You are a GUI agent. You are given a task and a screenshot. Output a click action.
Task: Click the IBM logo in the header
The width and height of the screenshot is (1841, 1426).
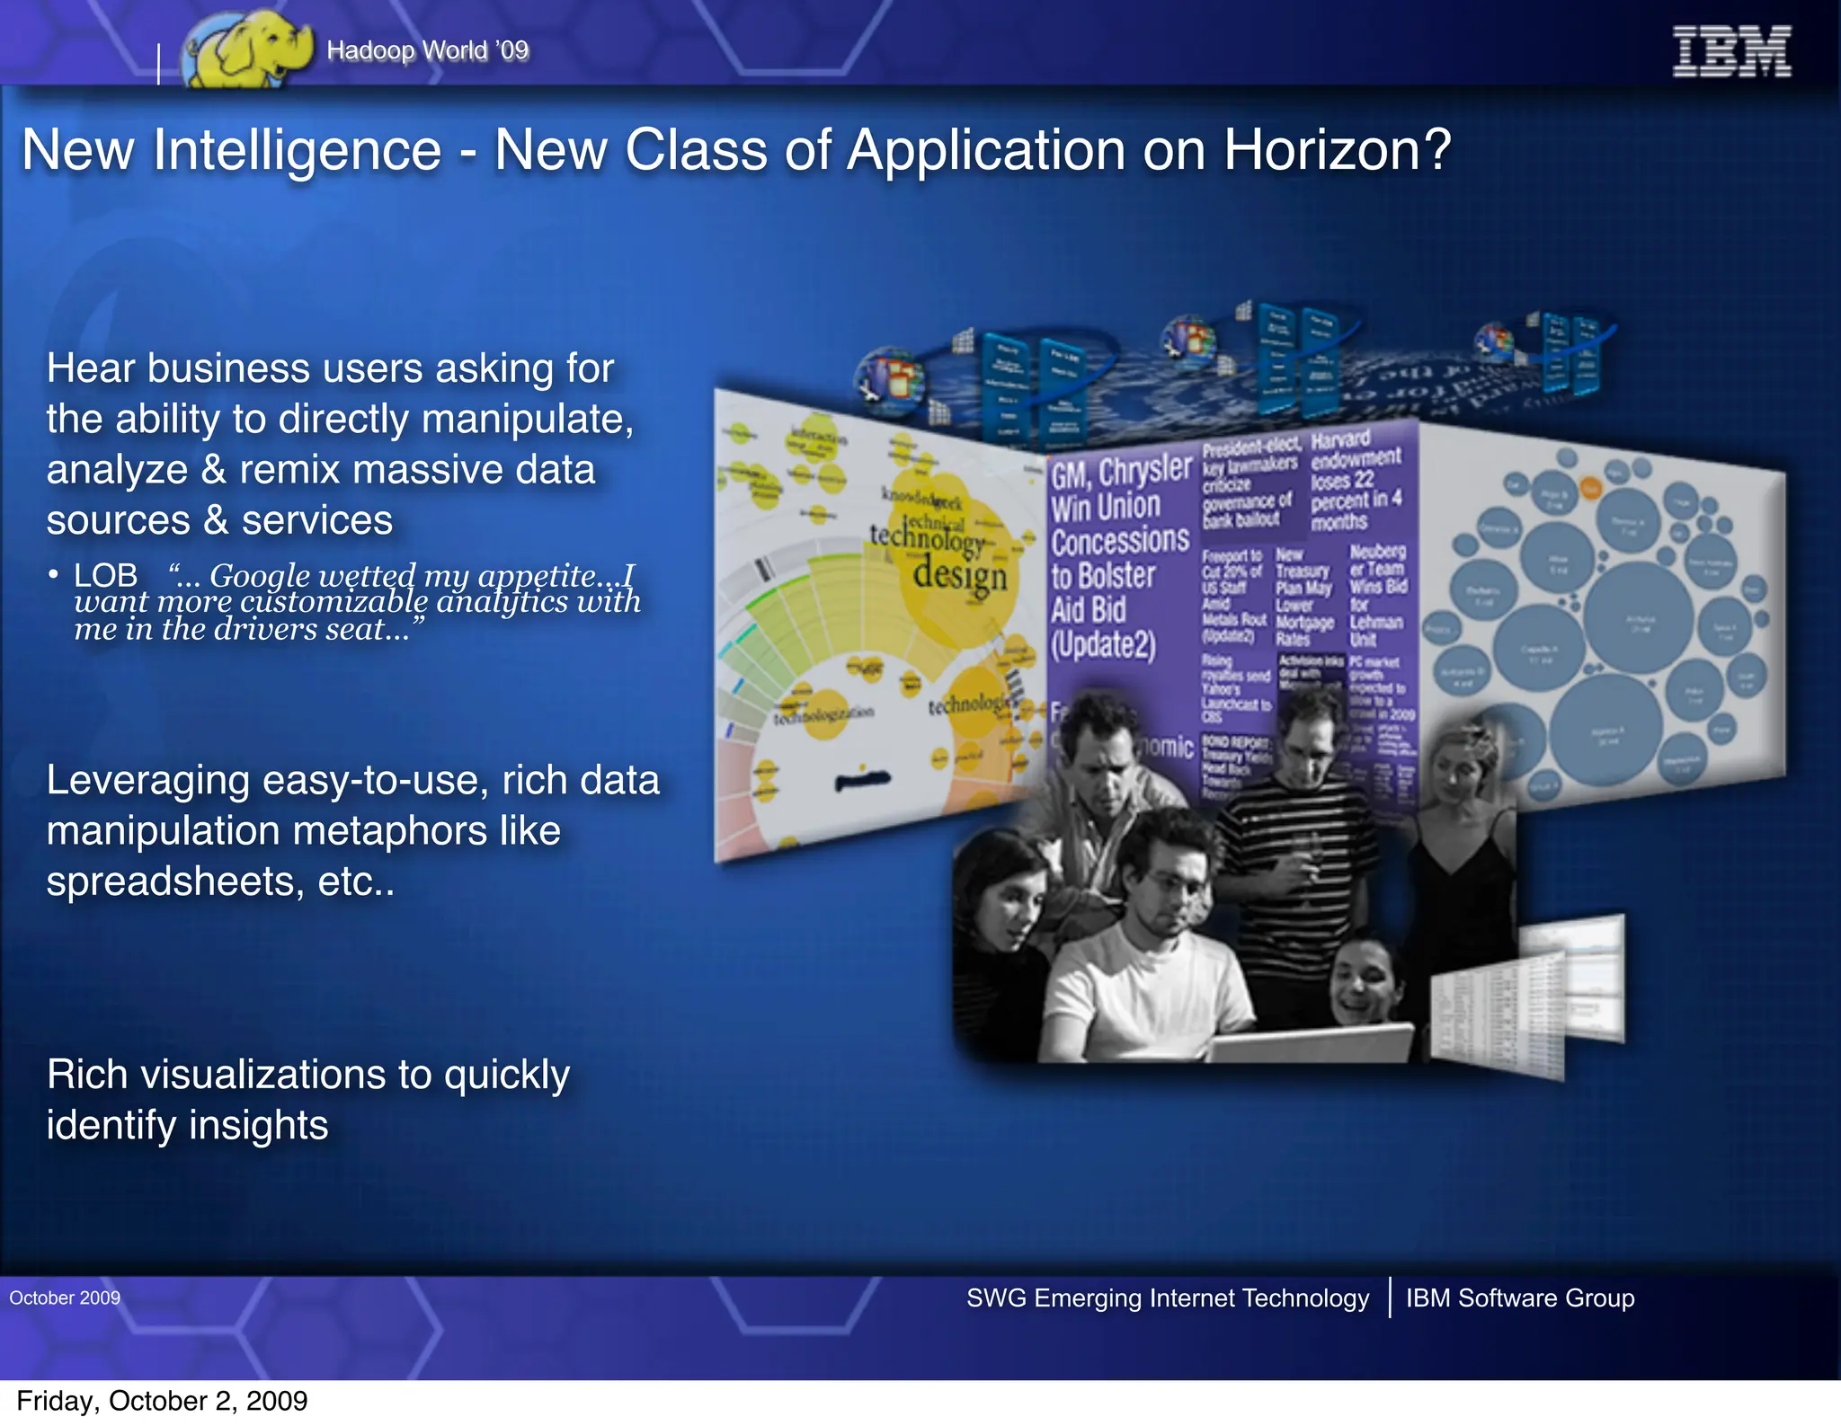click(x=1730, y=51)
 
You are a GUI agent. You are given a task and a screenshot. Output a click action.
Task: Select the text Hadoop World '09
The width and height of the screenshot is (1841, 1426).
click(x=427, y=50)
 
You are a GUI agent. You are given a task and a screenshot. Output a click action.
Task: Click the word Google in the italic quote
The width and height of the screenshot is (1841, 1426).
click(x=260, y=575)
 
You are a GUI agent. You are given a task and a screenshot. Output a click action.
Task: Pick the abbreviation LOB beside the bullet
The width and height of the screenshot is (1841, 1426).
click(x=105, y=575)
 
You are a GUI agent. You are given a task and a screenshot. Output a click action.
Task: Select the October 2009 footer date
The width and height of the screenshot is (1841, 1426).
click(x=65, y=1298)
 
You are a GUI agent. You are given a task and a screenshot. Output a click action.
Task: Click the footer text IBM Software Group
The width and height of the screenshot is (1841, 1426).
click(x=1519, y=1298)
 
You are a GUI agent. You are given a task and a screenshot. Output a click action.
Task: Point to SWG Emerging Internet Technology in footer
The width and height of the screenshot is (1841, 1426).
click(x=1167, y=1298)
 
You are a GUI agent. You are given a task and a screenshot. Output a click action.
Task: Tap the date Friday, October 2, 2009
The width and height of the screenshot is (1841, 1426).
click(x=162, y=1401)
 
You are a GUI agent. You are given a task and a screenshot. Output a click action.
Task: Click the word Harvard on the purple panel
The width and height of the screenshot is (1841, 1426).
click(x=1339, y=439)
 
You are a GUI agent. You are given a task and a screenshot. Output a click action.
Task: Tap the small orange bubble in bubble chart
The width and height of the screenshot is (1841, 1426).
click(x=1591, y=488)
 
